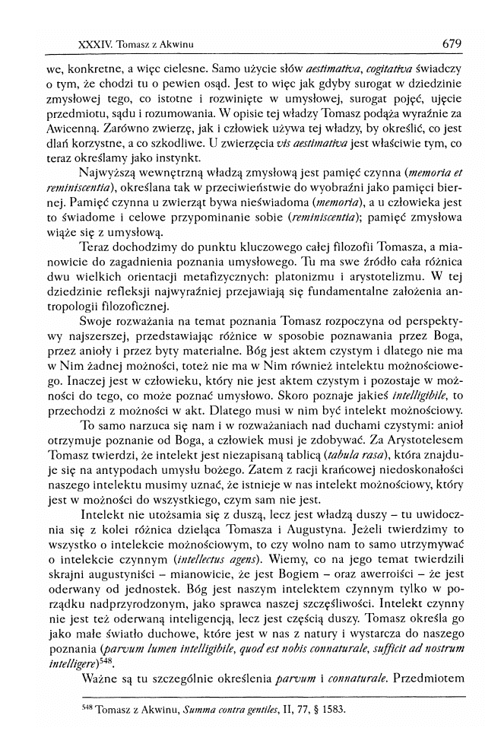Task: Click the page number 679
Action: [451, 44]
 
